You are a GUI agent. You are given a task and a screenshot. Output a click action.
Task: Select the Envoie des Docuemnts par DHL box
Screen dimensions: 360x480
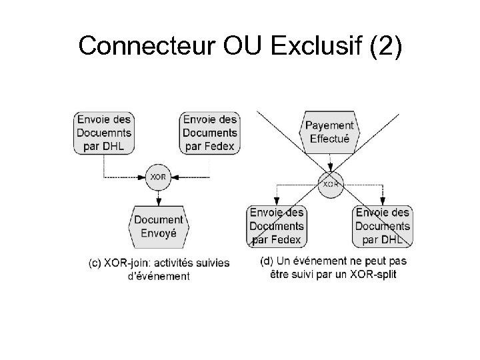[103, 133]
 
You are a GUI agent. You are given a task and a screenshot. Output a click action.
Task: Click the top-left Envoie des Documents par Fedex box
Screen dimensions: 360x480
[209, 133]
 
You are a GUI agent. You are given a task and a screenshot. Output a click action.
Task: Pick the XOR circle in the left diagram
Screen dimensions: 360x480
[158, 177]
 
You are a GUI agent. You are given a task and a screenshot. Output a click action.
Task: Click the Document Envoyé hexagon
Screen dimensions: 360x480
[159, 227]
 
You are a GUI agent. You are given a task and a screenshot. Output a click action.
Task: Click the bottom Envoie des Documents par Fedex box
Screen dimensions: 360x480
[275, 225]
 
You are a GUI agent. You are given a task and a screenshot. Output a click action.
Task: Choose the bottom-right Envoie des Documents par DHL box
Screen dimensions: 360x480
[383, 225]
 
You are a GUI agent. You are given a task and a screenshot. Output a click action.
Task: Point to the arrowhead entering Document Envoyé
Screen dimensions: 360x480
[158, 203]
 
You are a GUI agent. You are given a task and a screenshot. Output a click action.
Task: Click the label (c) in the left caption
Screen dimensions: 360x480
[95, 263]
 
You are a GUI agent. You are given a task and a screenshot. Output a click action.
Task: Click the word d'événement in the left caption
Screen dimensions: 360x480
[159, 275]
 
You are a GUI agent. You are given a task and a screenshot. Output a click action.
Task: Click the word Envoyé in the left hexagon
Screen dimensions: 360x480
[159, 233]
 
